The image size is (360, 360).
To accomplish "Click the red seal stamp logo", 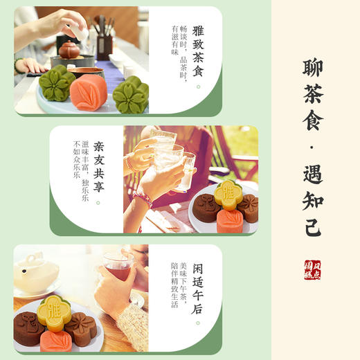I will (x=313, y=270).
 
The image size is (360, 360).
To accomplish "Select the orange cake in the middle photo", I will (x=228, y=221).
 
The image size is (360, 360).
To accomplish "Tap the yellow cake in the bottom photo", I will (x=52, y=309).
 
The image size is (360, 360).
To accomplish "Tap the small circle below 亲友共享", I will (x=98, y=202).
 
